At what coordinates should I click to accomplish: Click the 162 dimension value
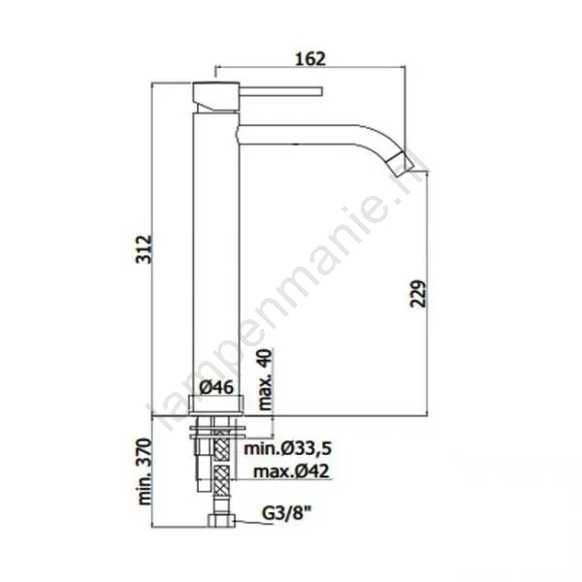(x=310, y=58)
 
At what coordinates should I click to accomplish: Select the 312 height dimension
(x=144, y=249)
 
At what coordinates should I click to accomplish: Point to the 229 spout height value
(x=418, y=294)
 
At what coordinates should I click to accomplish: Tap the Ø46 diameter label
(x=216, y=387)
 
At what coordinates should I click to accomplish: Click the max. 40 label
(x=265, y=379)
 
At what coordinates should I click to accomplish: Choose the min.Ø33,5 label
(x=287, y=449)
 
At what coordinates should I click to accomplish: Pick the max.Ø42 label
(x=291, y=471)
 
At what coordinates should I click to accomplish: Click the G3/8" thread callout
(x=286, y=514)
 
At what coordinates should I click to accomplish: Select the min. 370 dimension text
(x=145, y=471)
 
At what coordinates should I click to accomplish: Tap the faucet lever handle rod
(x=281, y=91)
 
